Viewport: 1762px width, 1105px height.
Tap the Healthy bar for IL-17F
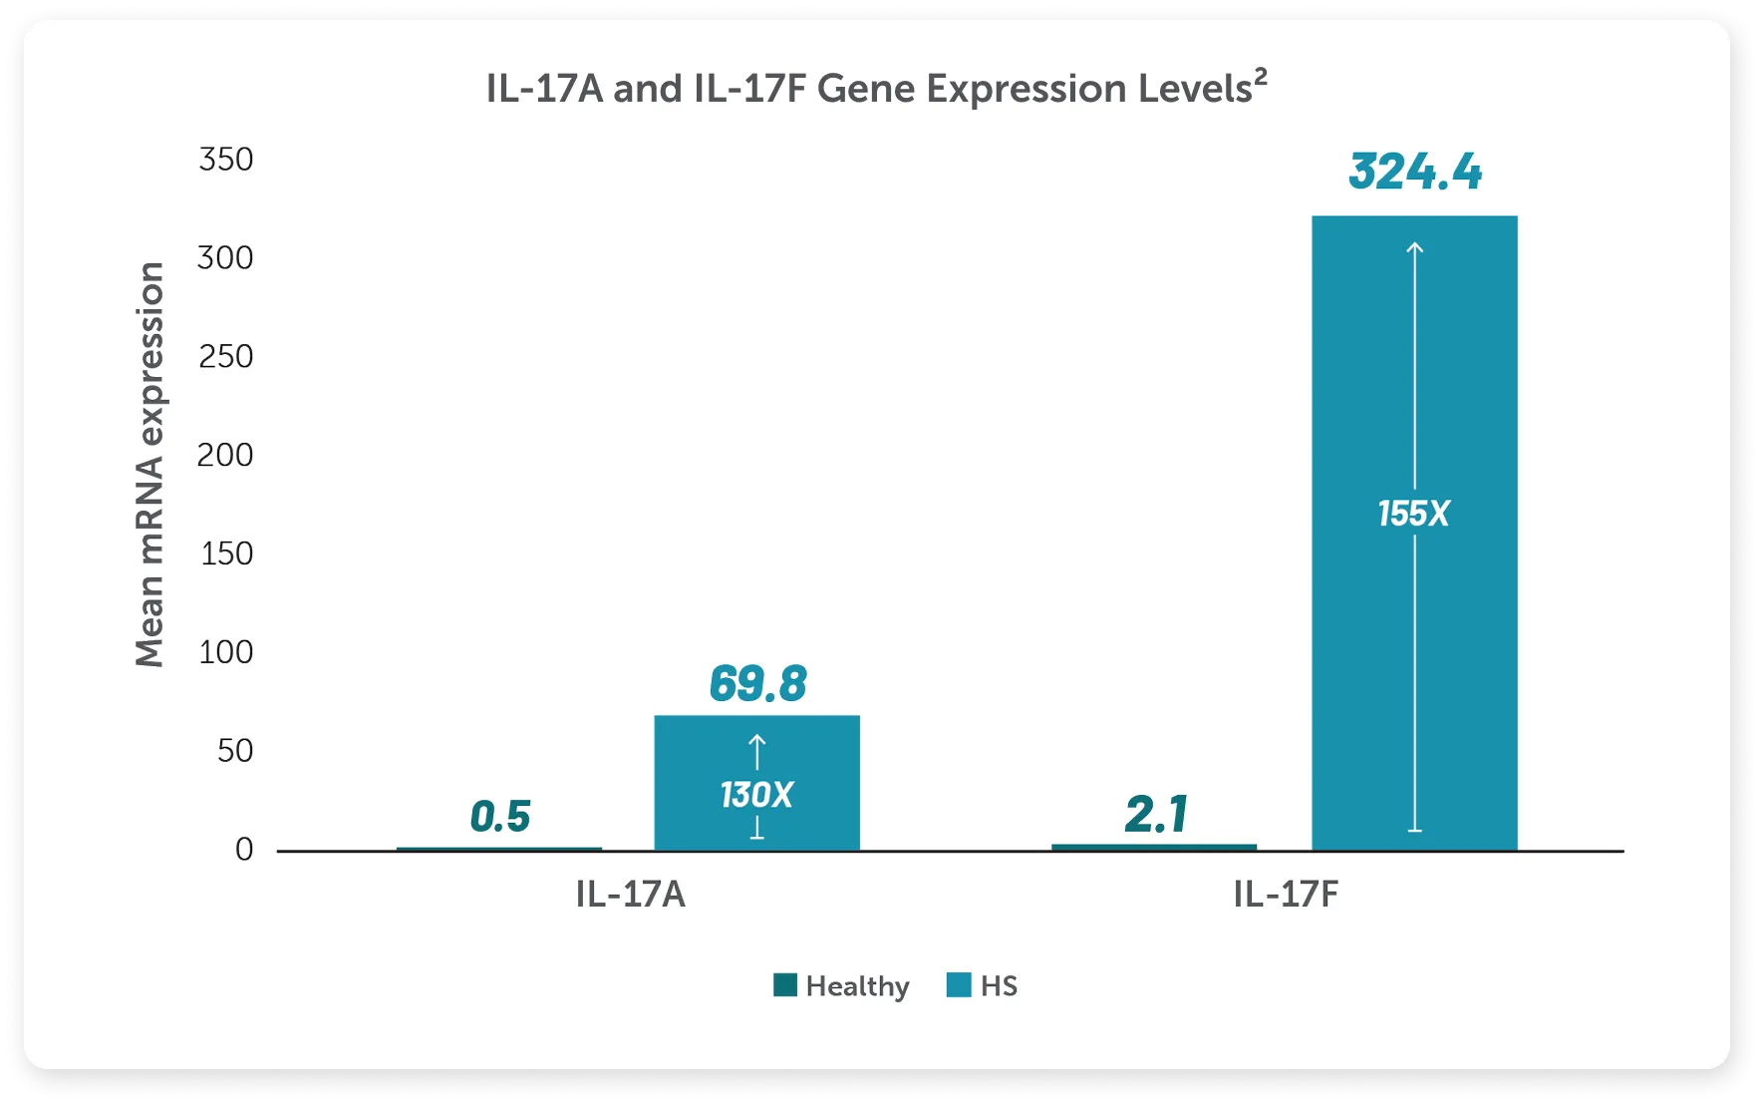point(1154,848)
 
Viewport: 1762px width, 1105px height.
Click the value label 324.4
point(1415,172)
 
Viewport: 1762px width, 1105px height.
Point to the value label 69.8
point(757,684)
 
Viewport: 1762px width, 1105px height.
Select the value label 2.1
point(1156,814)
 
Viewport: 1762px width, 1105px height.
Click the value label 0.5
point(499,817)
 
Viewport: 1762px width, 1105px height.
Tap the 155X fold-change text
point(1413,514)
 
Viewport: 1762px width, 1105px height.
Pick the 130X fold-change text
point(756,795)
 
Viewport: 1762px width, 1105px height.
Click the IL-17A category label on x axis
point(630,895)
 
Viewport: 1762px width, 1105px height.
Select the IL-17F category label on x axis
point(1286,895)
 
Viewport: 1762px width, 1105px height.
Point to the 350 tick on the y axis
point(225,160)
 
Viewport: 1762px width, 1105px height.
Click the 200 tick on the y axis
point(225,455)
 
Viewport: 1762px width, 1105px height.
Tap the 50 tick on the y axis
point(235,751)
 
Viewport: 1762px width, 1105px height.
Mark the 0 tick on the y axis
point(244,850)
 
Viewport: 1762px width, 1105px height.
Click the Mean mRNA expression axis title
point(149,464)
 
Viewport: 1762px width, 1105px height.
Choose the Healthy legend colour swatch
point(785,985)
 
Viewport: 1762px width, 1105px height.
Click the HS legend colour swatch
point(959,985)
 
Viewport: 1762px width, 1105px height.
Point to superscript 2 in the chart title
point(1261,76)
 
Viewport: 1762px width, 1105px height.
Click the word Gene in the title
point(866,90)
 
